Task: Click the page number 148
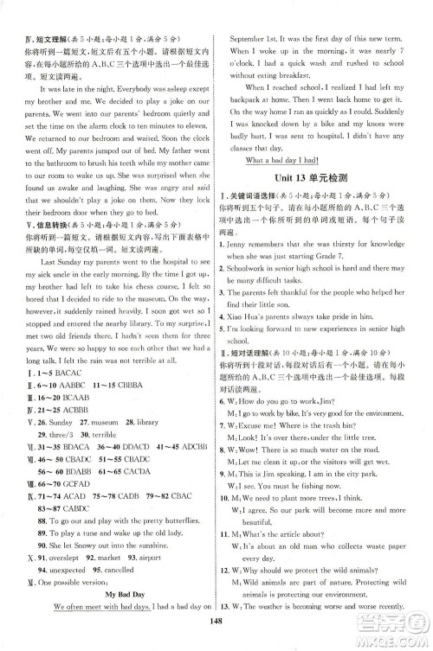[216, 641]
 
